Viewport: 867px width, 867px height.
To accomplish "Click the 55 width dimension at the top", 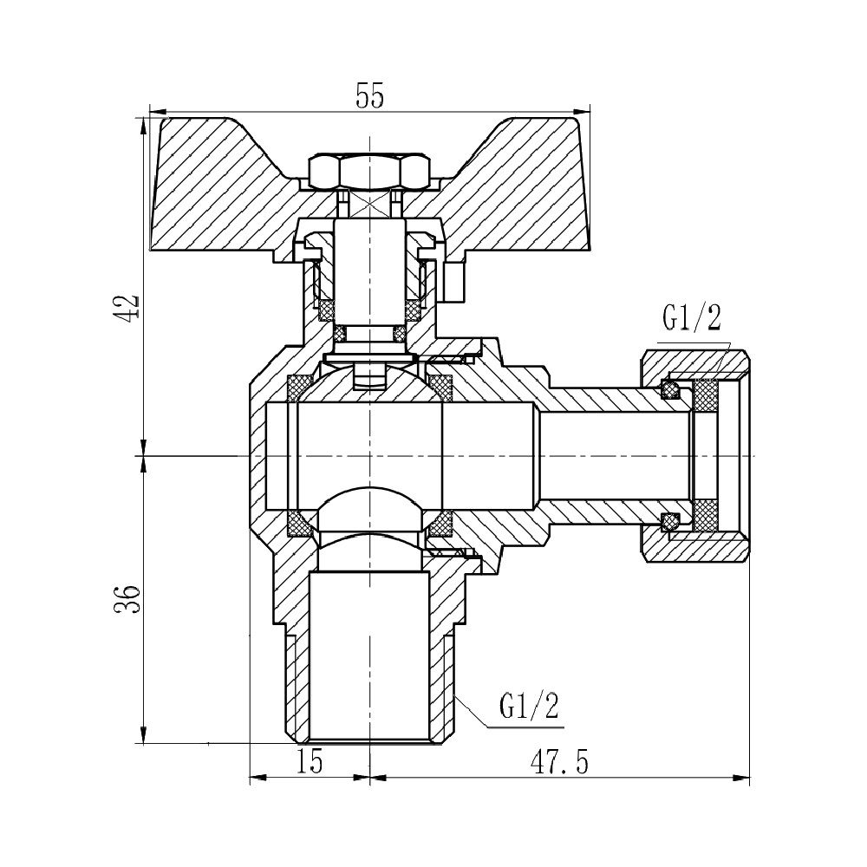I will pos(369,96).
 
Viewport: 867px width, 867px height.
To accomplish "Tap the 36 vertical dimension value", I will pos(127,597).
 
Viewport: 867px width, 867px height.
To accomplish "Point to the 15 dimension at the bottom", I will pos(310,762).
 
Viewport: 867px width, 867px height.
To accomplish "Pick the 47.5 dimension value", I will pos(559,762).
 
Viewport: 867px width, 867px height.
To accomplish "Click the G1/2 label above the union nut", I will pos(691,318).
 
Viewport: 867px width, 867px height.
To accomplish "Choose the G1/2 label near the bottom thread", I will pos(528,707).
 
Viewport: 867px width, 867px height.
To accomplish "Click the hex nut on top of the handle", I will pos(370,171).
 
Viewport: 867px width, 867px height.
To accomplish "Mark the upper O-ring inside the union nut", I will pos(670,390).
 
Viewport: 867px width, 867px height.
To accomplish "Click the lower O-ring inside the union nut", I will pos(670,521).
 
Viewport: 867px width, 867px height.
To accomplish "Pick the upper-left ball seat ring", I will pos(300,386).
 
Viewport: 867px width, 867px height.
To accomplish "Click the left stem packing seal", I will pos(328,309).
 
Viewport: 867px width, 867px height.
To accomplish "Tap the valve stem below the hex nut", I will pos(370,260).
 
